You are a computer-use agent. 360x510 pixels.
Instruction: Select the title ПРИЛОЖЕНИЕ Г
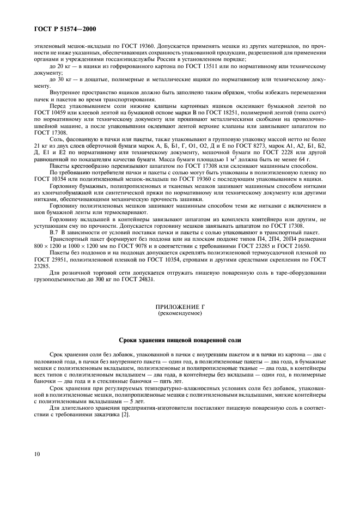click(x=180, y=308)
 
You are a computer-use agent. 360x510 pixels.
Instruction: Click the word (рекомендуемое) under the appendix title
click(x=180, y=314)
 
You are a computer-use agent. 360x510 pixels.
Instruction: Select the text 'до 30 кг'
click(x=60, y=80)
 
